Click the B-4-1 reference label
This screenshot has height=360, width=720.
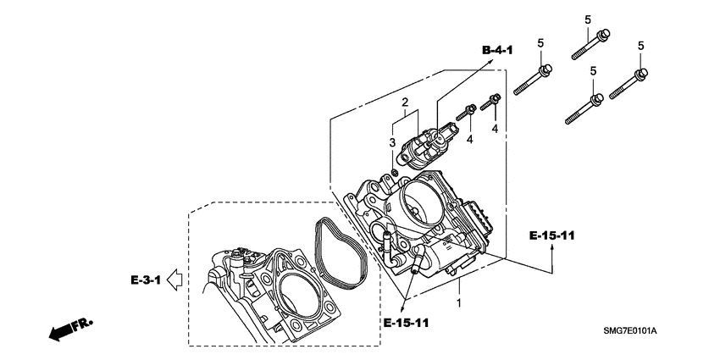(x=498, y=52)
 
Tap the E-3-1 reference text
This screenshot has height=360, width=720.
(x=146, y=278)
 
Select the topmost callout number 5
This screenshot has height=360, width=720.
(x=586, y=19)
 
